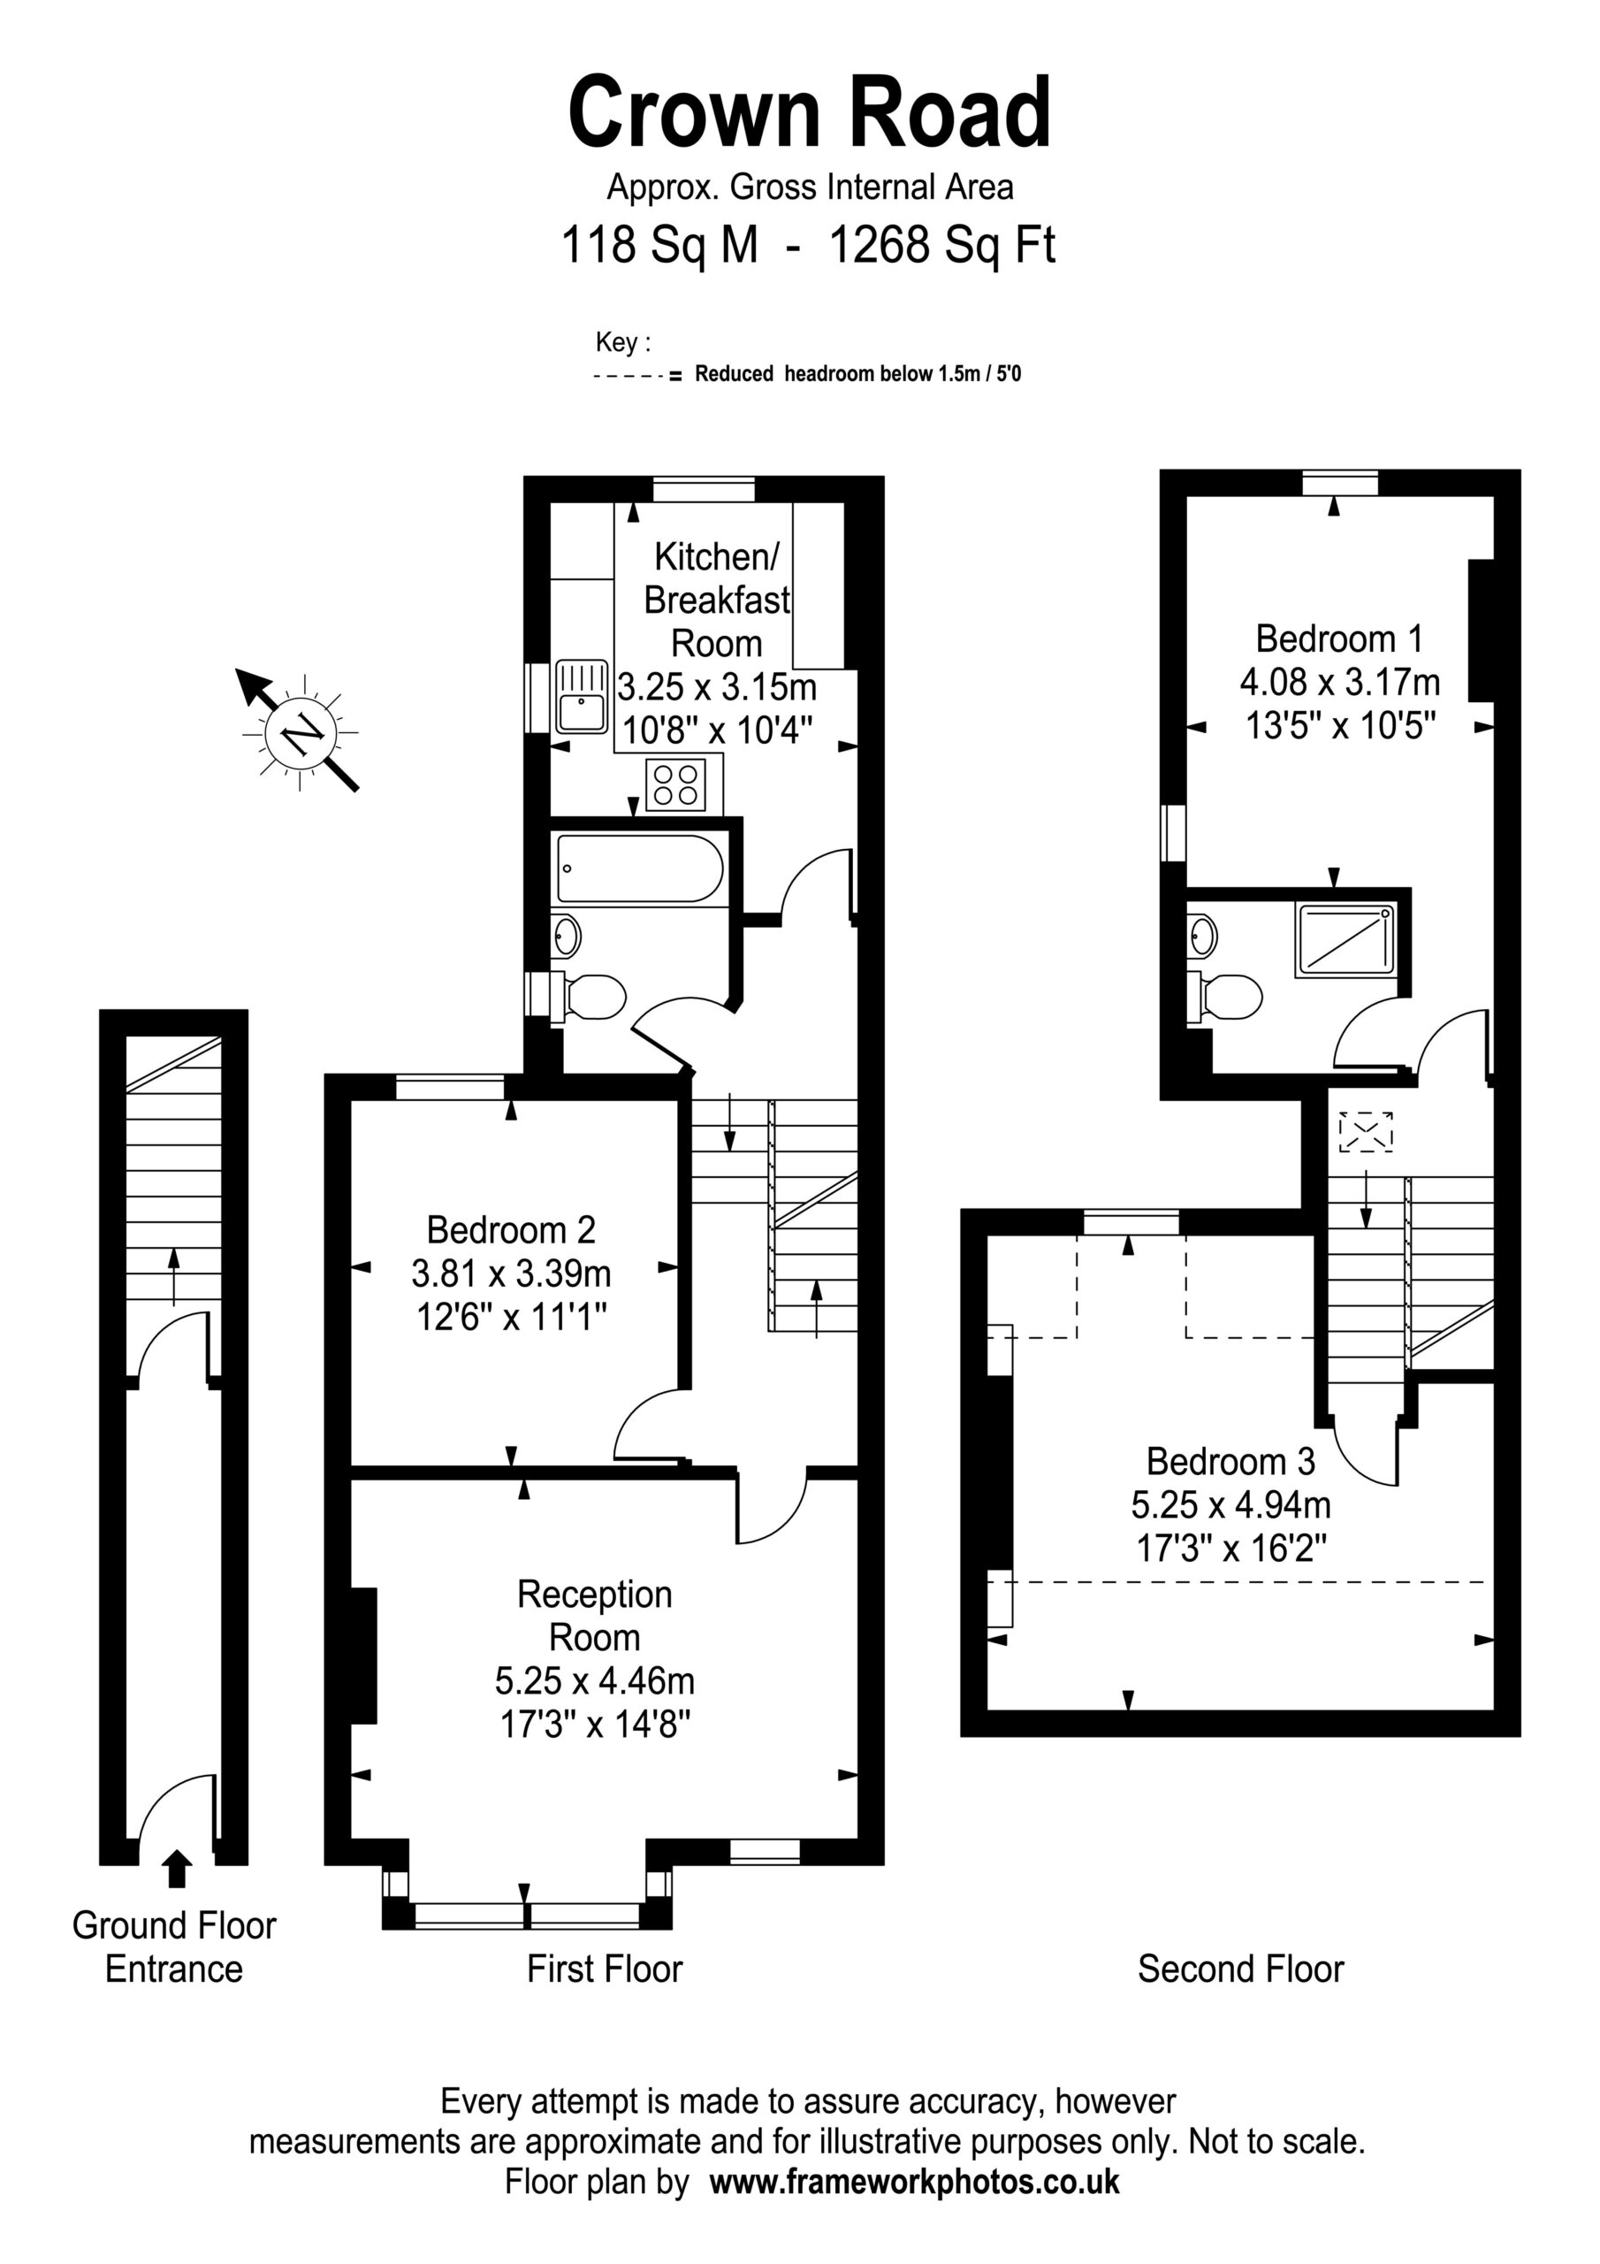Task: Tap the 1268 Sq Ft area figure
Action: click(942, 245)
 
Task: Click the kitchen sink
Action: click(582, 696)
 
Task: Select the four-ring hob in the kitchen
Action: click(676, 785)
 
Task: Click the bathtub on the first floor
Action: click(640, 868)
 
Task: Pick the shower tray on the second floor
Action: click(1345, 940)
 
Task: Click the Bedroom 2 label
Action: click(511, 1229)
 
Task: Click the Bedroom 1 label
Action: click(1338, 639)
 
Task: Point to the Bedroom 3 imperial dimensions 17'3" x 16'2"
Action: click(1231, 1547)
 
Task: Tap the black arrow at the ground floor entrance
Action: click(177, 1868)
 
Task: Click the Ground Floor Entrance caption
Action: click(174, 1947)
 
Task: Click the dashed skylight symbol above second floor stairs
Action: click(1366, 1131)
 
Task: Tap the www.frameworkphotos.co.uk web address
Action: click(914, 2180)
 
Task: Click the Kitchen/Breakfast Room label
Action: click(717, 600)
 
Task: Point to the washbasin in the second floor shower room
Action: click(1203, 935)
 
